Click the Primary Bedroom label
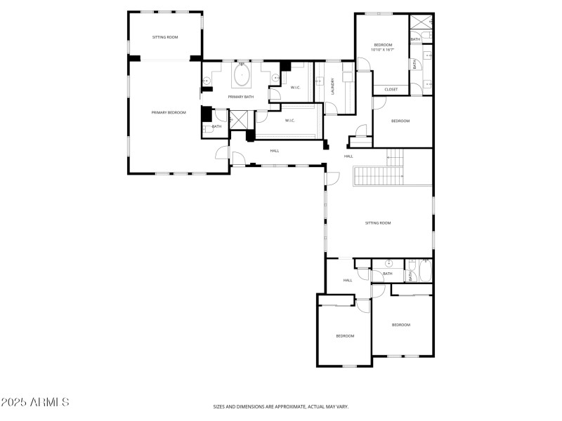click(x=169, y=112)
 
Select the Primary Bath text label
click(x=240, y=97)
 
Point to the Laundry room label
click(x=332, y=86)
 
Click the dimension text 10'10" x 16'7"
click(x=383, y=50)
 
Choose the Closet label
click(x=391, y=89)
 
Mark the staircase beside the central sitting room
click(x=379, y=176)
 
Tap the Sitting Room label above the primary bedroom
click(x=166, y=37)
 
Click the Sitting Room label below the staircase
click(x=378, y=223)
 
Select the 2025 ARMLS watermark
click(x=35, y=402)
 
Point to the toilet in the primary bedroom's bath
click(x=208, y=129)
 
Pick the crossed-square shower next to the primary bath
click(x=239, y=121)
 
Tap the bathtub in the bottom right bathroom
click(x=421, y=271)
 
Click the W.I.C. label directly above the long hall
click(x=289, y=121)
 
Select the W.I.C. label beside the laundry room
click(x=296, y=87)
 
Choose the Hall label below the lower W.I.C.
click(x=274, y=150)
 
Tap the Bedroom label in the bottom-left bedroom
click(x=345, y=336)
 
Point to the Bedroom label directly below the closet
click(x=400, y=121)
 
